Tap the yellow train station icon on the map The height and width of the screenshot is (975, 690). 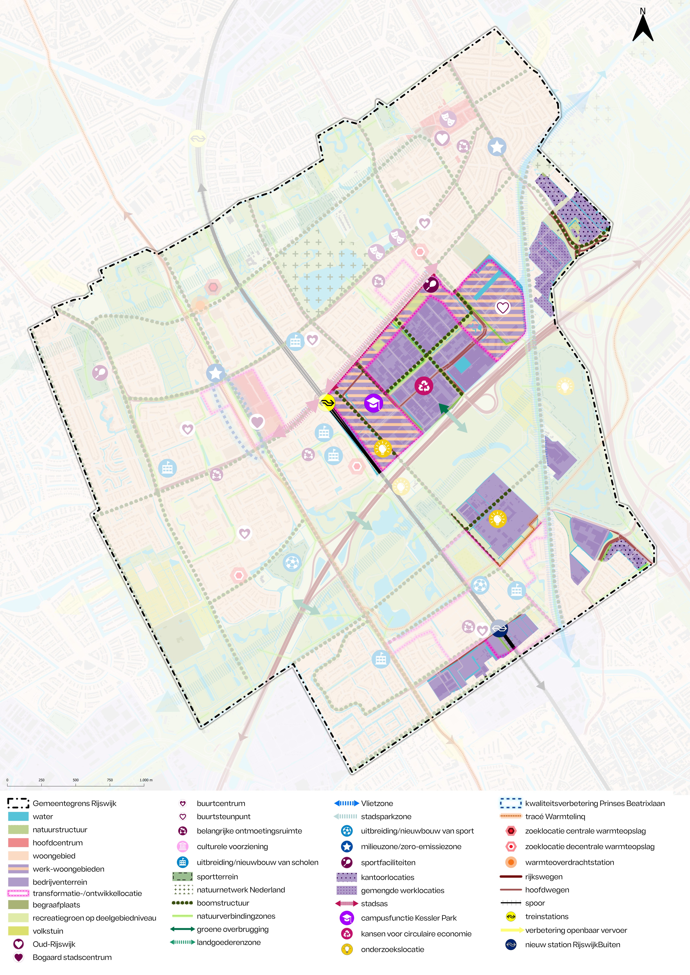(x=327, y=403)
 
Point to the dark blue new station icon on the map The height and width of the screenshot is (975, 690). (x=499, y=628)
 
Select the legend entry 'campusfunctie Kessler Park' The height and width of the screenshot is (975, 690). (x=408, y=918)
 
